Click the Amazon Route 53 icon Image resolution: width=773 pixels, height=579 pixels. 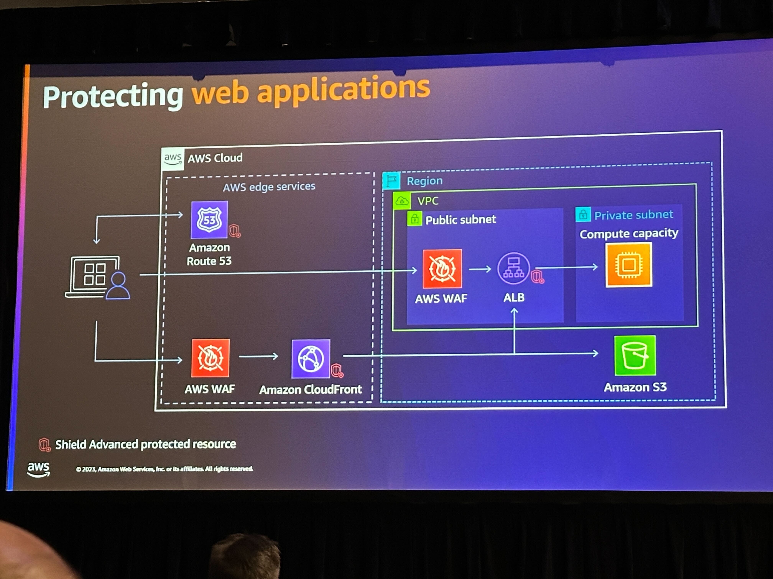pos(209,220)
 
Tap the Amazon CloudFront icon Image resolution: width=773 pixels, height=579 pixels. pos(311,358)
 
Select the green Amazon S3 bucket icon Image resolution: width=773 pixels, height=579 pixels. pos(635,355)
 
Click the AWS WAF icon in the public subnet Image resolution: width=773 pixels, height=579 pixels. pos(442,269)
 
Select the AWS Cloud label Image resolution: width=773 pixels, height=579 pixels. pos(215,158)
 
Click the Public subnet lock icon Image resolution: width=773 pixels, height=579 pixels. pos(414,219)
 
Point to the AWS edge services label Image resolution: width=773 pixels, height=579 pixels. pos(269,187)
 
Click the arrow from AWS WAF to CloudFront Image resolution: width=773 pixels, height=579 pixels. pos(259,356)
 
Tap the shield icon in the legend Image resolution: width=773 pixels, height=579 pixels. pos(44,445)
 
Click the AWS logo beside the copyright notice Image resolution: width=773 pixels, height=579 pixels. pos(39,469)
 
